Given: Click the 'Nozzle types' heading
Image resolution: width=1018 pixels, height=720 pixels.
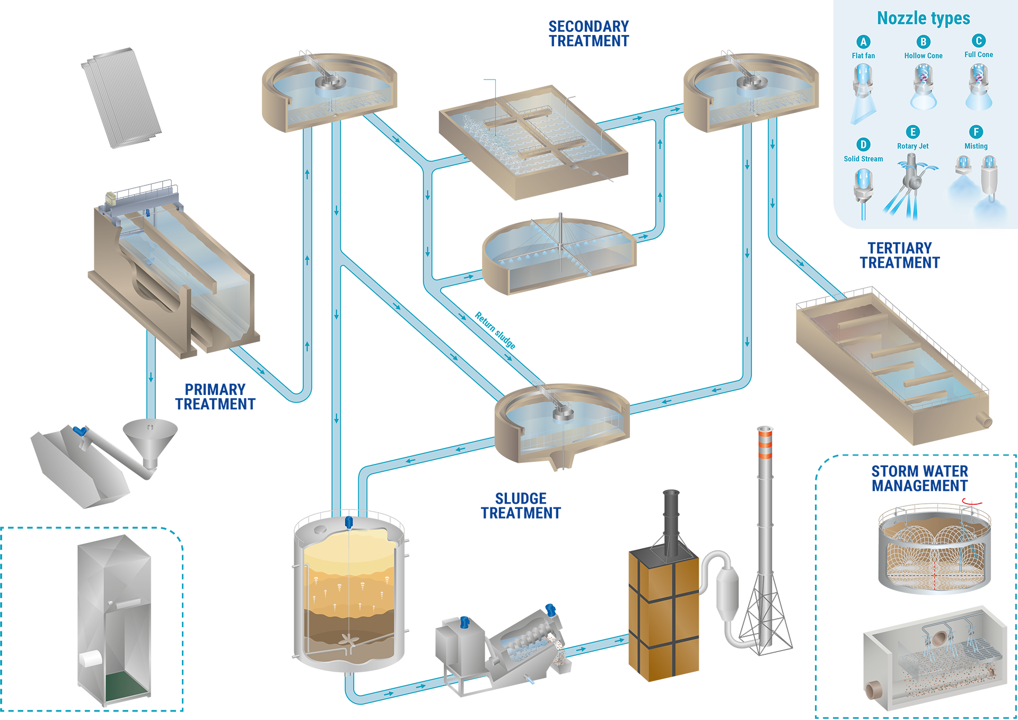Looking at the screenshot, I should [x=923, y=19].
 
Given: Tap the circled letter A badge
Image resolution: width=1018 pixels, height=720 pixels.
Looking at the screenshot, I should [x=863, y=42].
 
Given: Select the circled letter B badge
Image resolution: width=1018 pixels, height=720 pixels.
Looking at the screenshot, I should [x=923, y=42].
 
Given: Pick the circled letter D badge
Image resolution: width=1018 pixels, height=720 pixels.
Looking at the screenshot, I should [x=863, y=145].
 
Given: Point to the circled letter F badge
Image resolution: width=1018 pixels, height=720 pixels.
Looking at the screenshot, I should [x=976, y=132].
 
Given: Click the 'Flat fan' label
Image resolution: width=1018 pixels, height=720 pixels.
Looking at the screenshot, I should [x=863, y=56].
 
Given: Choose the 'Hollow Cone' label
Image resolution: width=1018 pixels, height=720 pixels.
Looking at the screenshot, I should [x=923, y=56].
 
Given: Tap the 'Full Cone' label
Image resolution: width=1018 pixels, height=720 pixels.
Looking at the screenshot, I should [x=978, y=55].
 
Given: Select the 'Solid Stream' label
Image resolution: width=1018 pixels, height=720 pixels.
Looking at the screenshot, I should [x=863, y=159].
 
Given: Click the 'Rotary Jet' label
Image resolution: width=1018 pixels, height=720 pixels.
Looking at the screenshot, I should [x=912, y=146].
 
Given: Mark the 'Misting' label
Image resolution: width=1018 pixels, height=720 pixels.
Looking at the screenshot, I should [x=976, y=146].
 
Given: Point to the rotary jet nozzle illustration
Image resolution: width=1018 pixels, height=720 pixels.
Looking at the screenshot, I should [x=911, y=186].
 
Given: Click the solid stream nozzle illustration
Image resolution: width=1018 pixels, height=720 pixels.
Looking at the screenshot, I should [x=863, y=191].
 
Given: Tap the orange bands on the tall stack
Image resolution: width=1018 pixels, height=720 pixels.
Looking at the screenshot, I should [x=764, y=444].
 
